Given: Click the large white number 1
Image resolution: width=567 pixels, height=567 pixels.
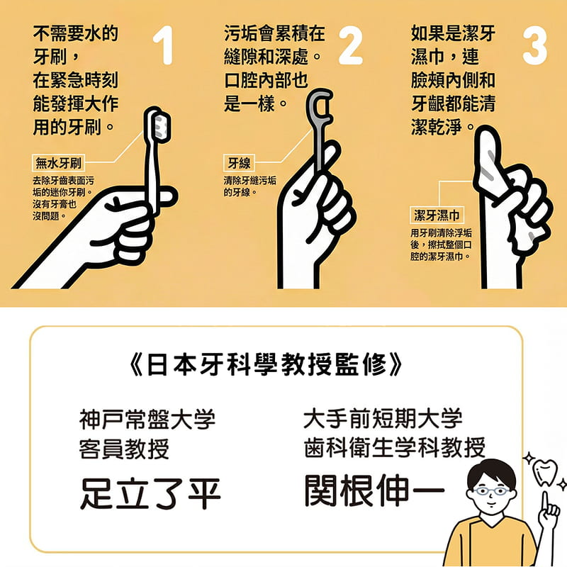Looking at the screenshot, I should [x=164, y=47].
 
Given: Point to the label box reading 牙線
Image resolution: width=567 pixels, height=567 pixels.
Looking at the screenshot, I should [x=237, y=164].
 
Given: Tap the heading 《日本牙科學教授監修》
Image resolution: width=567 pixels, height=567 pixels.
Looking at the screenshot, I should [x=268, y=365].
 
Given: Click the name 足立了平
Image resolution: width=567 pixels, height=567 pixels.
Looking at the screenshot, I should [x=150, y=493].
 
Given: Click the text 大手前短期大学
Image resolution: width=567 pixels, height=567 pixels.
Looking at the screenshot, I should [x=383, y=418].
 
